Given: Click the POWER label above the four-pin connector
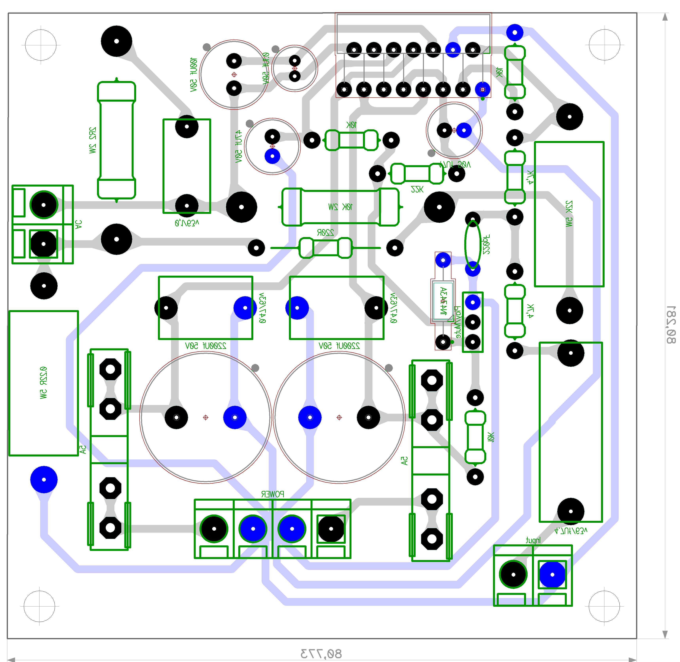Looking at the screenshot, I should click(273, 494).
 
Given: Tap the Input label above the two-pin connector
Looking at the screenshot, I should click(533, 540).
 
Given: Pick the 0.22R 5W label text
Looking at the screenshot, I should click(43, 382).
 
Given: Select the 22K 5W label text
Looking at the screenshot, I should click(568, 214).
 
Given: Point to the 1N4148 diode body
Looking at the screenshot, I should click(443, 301).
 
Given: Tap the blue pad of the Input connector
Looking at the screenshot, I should click(552, 574).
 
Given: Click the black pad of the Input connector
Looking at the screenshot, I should click(513, 574).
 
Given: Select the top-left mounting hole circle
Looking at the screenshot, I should click(41, 45).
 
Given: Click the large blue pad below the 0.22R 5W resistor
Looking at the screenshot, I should click(44, 479).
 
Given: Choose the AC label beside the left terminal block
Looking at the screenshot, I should click(79, 224).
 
